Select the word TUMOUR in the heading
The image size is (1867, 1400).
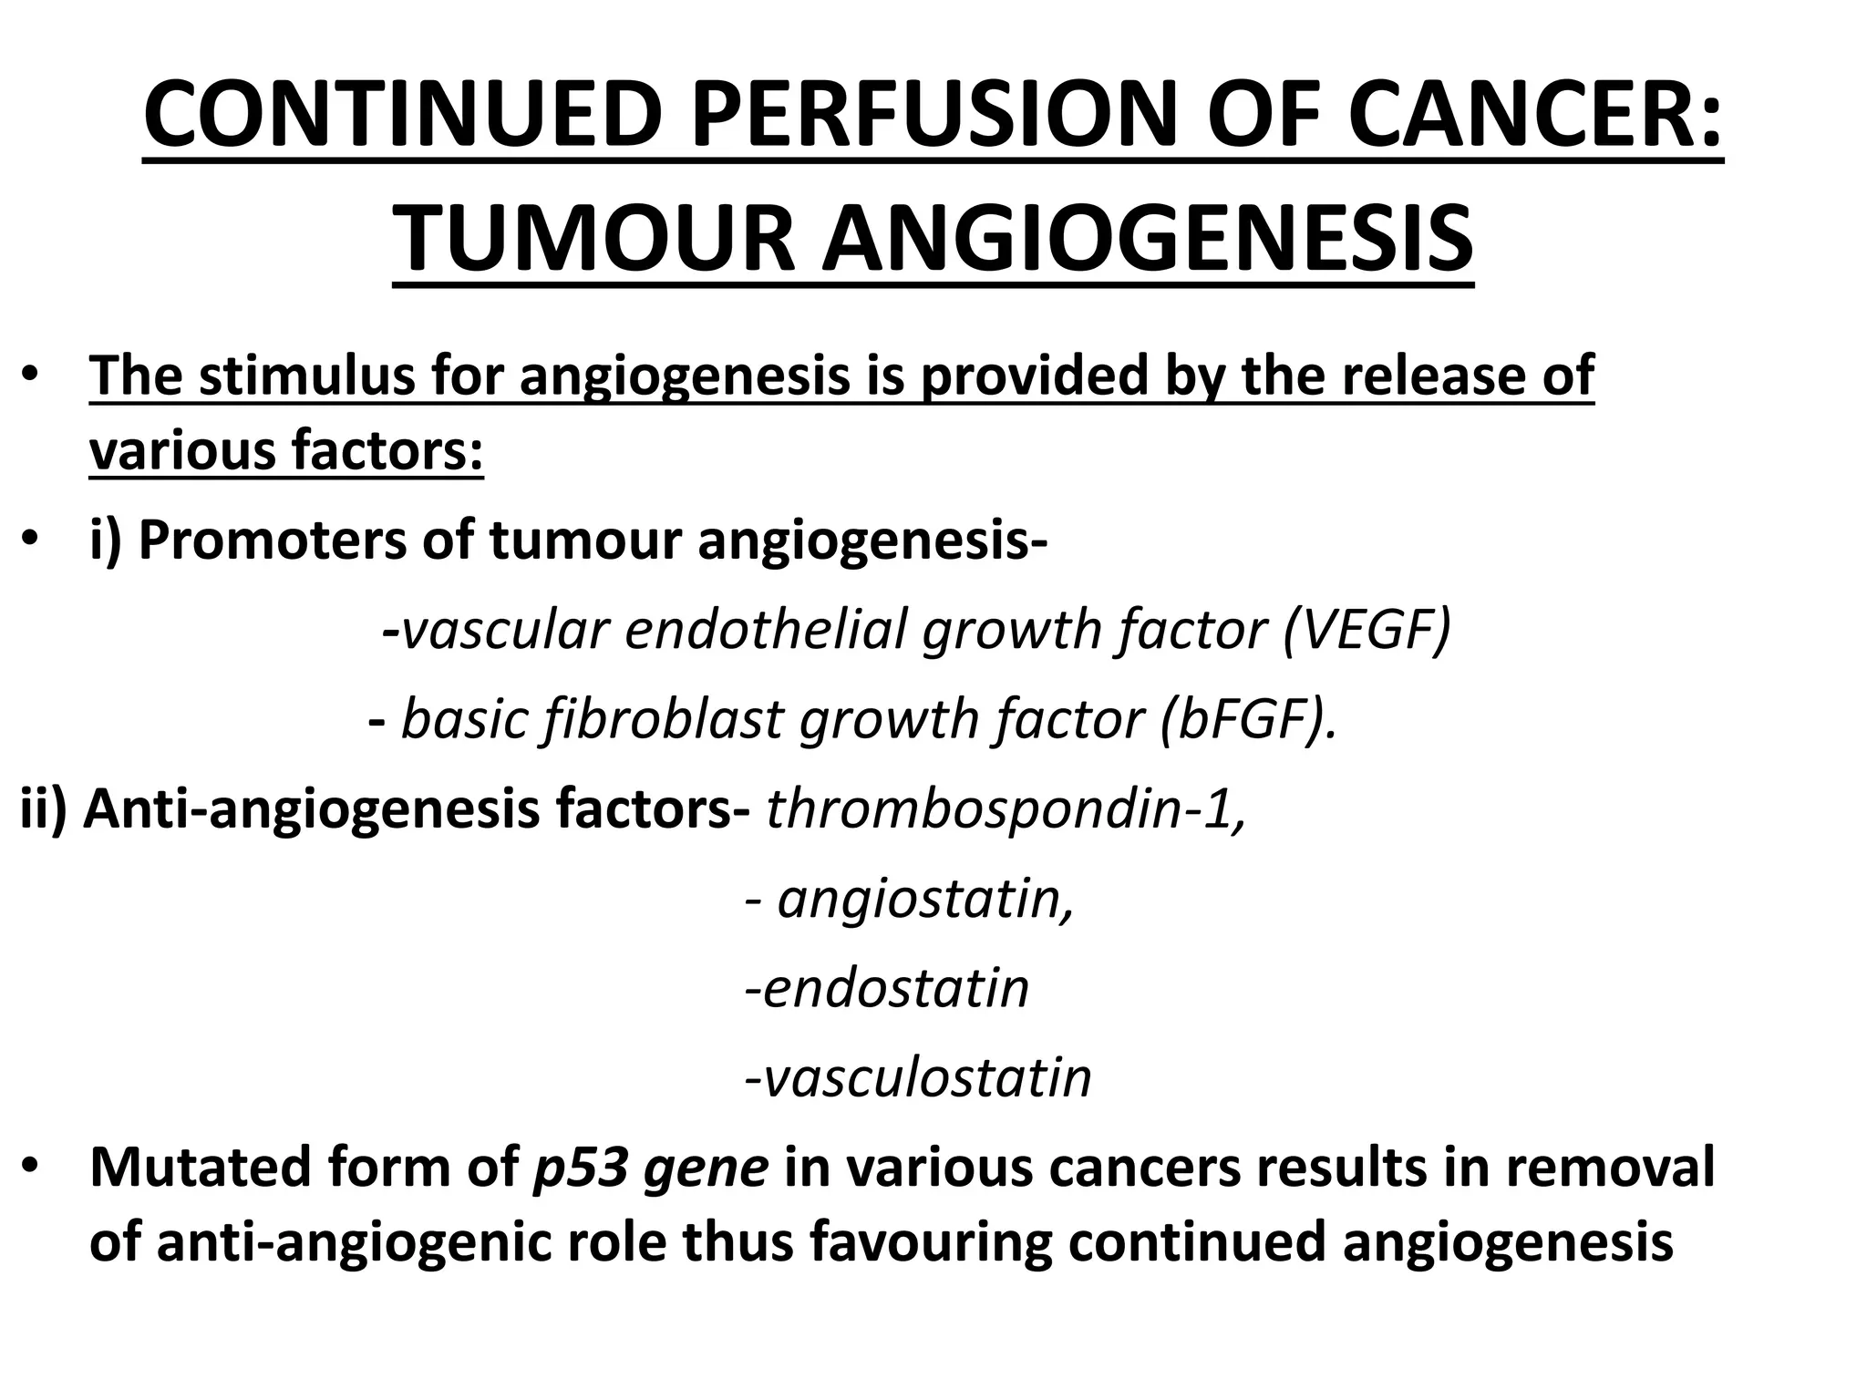tap(596, 239)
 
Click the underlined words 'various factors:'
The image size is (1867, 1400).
tap(286, 450)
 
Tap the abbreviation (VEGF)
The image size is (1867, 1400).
tap(1366, 629)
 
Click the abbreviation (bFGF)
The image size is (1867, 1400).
tap(1249, 719)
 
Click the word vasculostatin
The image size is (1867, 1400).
tap(926, 1078)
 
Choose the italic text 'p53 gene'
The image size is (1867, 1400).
tap(650, 1168)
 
